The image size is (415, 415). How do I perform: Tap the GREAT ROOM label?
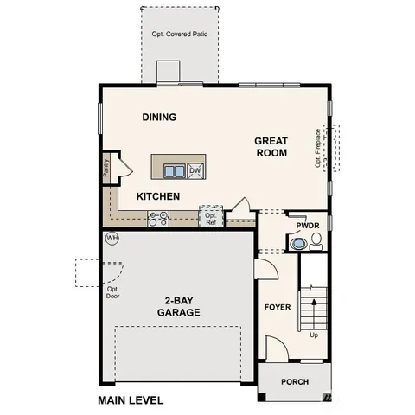pyautogui.click(x=271, y=146)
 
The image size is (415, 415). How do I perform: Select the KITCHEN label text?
pyautogui.click(x=158, y=196)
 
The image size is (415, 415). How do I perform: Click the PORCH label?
pyautogui.click(x=294, y=381)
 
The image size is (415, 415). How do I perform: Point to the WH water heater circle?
pyautogui.click(x=112, y=239)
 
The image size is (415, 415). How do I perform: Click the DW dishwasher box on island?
pyautogui.click(x=195, y=170)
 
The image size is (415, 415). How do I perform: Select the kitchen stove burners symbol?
pyautogui.click(x=158, y=219)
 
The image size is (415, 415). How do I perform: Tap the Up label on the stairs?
pyautogui.click(x=313, y=334)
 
